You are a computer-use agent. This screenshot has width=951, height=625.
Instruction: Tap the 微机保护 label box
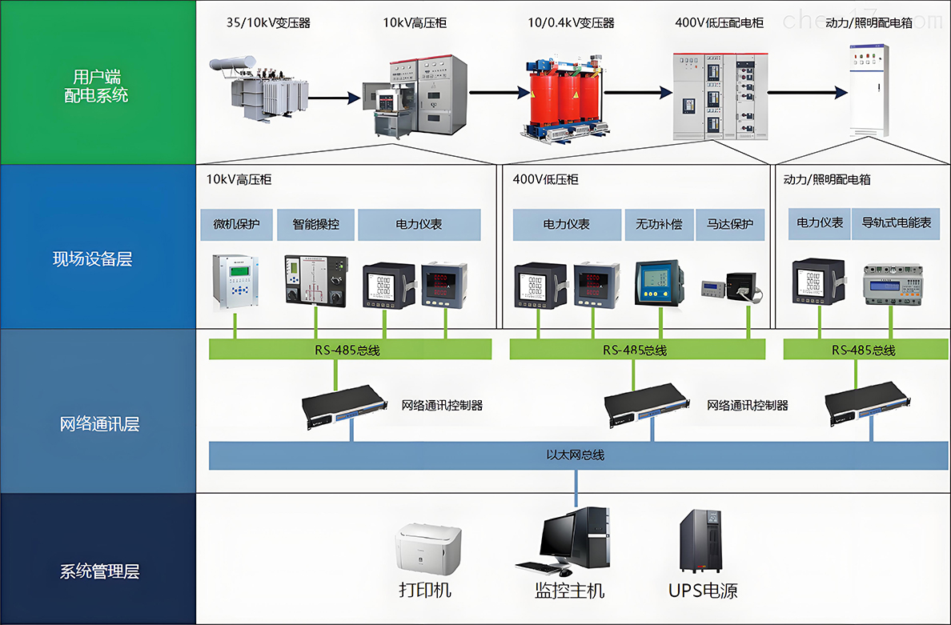[x=236, y=225]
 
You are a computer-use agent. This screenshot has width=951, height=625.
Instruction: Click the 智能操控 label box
[x=315, y=225]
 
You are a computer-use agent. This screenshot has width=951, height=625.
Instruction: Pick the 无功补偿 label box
[x=659, y=225]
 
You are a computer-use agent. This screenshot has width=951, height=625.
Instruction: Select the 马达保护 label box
[x=730, y=225]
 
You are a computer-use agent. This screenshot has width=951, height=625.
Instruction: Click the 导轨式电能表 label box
[x=897, y=223]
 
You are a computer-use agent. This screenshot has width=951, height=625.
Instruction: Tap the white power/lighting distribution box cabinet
[x=869, y=89]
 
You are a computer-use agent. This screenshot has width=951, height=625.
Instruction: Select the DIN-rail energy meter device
[x=890, y=282]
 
